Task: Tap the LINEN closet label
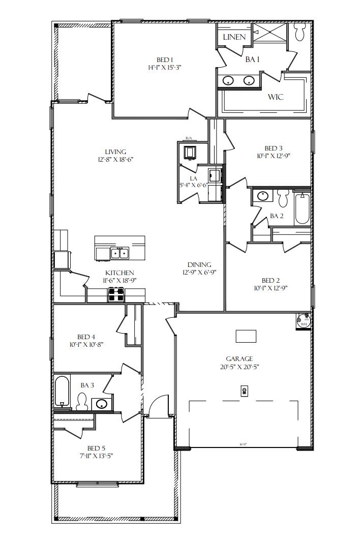tap(234, 37)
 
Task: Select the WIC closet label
tap(276, 97)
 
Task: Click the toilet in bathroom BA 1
tap(299, 33)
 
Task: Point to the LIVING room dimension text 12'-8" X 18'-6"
tap(115, 159)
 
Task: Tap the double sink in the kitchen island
tap(121, 252)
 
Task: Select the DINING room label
tap(199, 264)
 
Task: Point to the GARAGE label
tap(239, 358)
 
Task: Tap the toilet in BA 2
tap(283, 197)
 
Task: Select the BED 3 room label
tap(274, 148)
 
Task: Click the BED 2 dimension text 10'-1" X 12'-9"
tap(271, 288)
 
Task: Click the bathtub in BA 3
tap(63, 392)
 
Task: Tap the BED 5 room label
tap(96, 448)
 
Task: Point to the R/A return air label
tap(189, 138)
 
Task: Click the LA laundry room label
tap(193, 178)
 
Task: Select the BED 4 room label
tap(86, 337)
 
